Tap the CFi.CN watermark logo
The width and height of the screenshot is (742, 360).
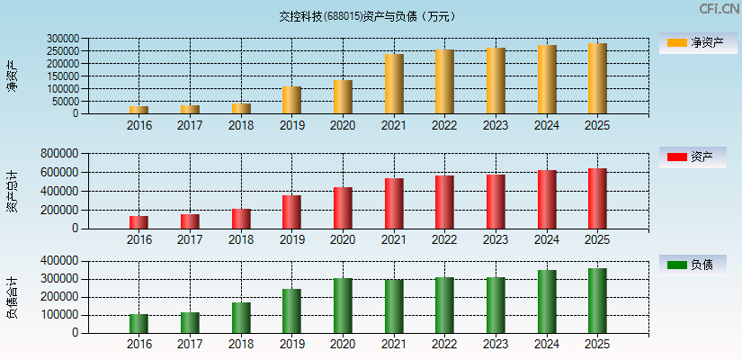click(719, 9)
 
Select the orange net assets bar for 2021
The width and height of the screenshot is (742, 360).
click(394, 84)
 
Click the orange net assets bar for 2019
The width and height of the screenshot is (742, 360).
click(291, 100)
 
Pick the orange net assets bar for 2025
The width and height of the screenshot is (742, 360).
click(597, 78)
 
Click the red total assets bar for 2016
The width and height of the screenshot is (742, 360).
click(139, 222)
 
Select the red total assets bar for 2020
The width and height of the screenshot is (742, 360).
click(343, 208)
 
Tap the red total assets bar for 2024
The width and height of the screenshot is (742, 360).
click(547, 200)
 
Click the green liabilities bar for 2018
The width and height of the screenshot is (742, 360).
click(241, 318)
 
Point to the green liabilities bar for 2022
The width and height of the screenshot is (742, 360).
click(444, 305)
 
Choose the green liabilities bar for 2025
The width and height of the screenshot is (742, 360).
click(597, 301)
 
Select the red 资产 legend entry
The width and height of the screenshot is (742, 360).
click(692, 157)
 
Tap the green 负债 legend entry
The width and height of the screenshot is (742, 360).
click(692, 265)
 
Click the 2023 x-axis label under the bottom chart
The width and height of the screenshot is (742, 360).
click(496, 344)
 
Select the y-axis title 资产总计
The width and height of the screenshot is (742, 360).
click(12, 190)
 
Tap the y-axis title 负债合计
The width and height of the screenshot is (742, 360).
click(12, 298)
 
